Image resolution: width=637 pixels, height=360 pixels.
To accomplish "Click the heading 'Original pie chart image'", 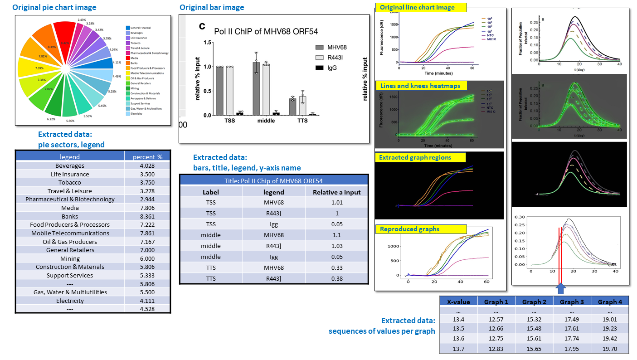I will pyautogui.click(x=54, y=8).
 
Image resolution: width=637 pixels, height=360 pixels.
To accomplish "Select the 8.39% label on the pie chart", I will pyautogui.click(x=52, y=47).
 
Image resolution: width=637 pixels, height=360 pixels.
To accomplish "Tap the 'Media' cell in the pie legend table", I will pyautogui.click(x=70, y=208).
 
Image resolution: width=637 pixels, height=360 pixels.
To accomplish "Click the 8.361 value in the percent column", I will pyautogui.click(x=147, y=216).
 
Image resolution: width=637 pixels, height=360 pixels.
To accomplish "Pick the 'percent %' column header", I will pyautogui.click(x=147, y=157).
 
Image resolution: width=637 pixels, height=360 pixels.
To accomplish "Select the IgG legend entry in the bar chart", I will pyautogui.click(x=333, y=68).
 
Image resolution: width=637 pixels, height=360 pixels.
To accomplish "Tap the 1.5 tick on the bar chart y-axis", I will pyautogui.click(x=208, y=42).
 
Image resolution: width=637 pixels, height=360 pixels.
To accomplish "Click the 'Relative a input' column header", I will pyautogui.click(x=337, y=192).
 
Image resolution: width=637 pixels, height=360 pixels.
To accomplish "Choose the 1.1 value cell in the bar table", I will pyautogui.click(x=337, y=235).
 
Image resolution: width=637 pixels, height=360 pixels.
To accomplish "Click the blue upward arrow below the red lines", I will pyautogui.click(x=560, y=289).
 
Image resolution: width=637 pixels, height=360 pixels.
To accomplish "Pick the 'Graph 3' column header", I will pyautogui.click(x=572, y=302).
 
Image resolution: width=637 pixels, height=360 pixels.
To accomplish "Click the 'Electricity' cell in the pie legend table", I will pyautogui.click(x=70, y=301).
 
